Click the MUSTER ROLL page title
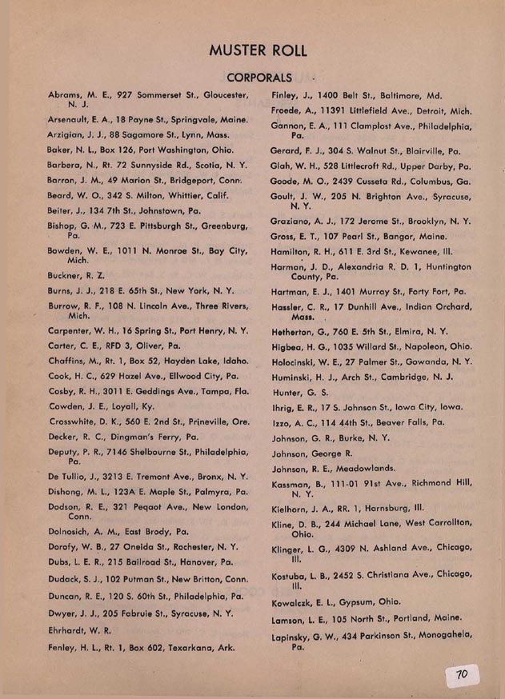257,50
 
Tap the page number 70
461,674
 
